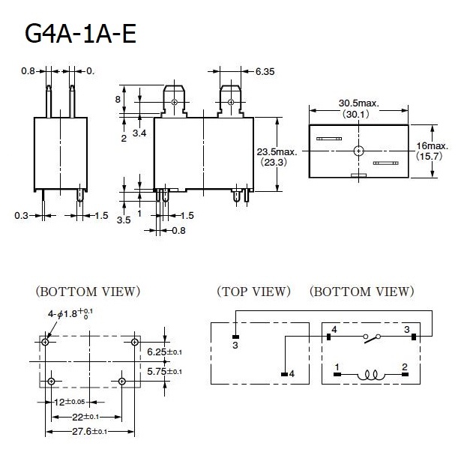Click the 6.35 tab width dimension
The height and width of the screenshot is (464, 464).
tap(265, 72)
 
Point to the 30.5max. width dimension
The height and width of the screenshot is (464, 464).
tap(359, 103)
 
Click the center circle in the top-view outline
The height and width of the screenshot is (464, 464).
tap(359, 151)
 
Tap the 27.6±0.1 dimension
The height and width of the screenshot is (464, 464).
tap(91, 432)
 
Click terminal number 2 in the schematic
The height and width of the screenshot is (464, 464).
tap(404, 367)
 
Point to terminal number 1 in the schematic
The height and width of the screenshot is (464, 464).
tap(337, 367)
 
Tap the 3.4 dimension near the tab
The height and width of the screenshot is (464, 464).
tap(139, 133)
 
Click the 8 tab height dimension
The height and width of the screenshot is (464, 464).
tap(118, 99)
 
